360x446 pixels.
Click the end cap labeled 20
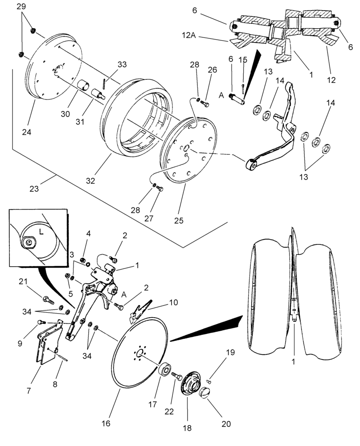click(x=205, y=394)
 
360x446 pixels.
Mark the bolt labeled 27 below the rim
click(x=160, y=189)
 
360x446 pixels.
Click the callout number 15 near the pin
click(x=243, y=60)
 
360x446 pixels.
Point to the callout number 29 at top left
click(x=22, y=6)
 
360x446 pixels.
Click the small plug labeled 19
click(x=209, y=380)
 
